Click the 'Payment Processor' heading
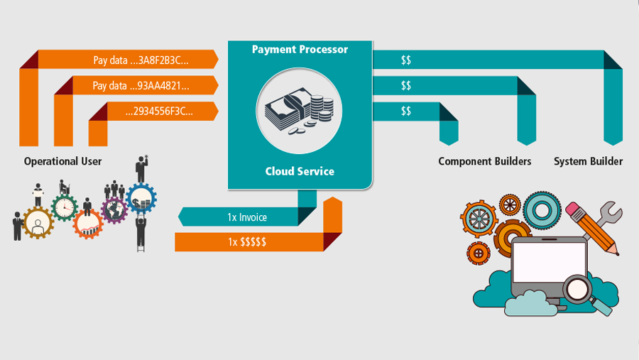300,49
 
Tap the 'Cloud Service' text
300,171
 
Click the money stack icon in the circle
299,111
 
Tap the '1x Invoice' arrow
246,217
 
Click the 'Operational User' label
62,161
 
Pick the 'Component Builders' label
484,161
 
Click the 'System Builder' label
588,161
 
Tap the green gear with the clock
65,208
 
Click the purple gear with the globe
114,210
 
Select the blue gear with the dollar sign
141,199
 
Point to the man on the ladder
141,233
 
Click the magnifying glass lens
577,289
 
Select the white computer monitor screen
550,262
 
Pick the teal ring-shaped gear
542,210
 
